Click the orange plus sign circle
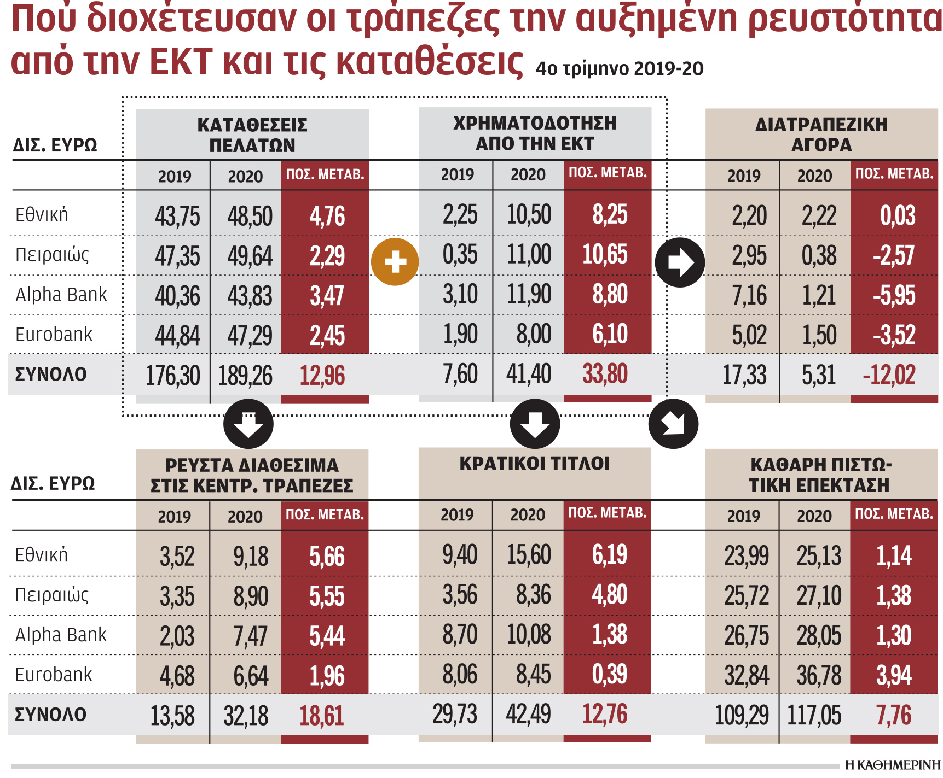pyautogui.click(x=395, y=262)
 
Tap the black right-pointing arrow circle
pyautogui.click(x=680, y=262)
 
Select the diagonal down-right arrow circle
pyautogui.click(x=673, y=424)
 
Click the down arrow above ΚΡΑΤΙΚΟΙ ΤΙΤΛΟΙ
pyautogui.click(x=535, y=424)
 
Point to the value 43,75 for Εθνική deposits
pyautogui.click(x=177, y=216)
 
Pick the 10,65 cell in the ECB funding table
pyautogui.click(x=605, y=255)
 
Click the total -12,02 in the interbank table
pyautogui.click(x=889, y=375)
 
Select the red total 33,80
pyautogui.click(x=605, y=375)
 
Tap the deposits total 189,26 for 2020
pyautogui.click(x=245, y=376)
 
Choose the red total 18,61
pyautogui.click(x=322, y=716)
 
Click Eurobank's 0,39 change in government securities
pyautogui.click(x=609, y=675)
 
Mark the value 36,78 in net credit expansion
pyautogui.click(x=819, y=676)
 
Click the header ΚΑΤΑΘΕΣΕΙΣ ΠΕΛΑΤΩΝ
pyautogui.click(x=252, y=135)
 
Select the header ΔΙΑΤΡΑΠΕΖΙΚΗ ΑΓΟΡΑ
pyautogui.click(x=821, y=134)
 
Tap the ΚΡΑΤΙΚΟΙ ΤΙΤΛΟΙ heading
pyautogui.click(x=535, y=464)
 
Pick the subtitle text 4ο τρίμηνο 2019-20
pyautogui.click(x=619, y=69)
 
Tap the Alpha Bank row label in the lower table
pyautogui.click(x=61, y=635)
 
